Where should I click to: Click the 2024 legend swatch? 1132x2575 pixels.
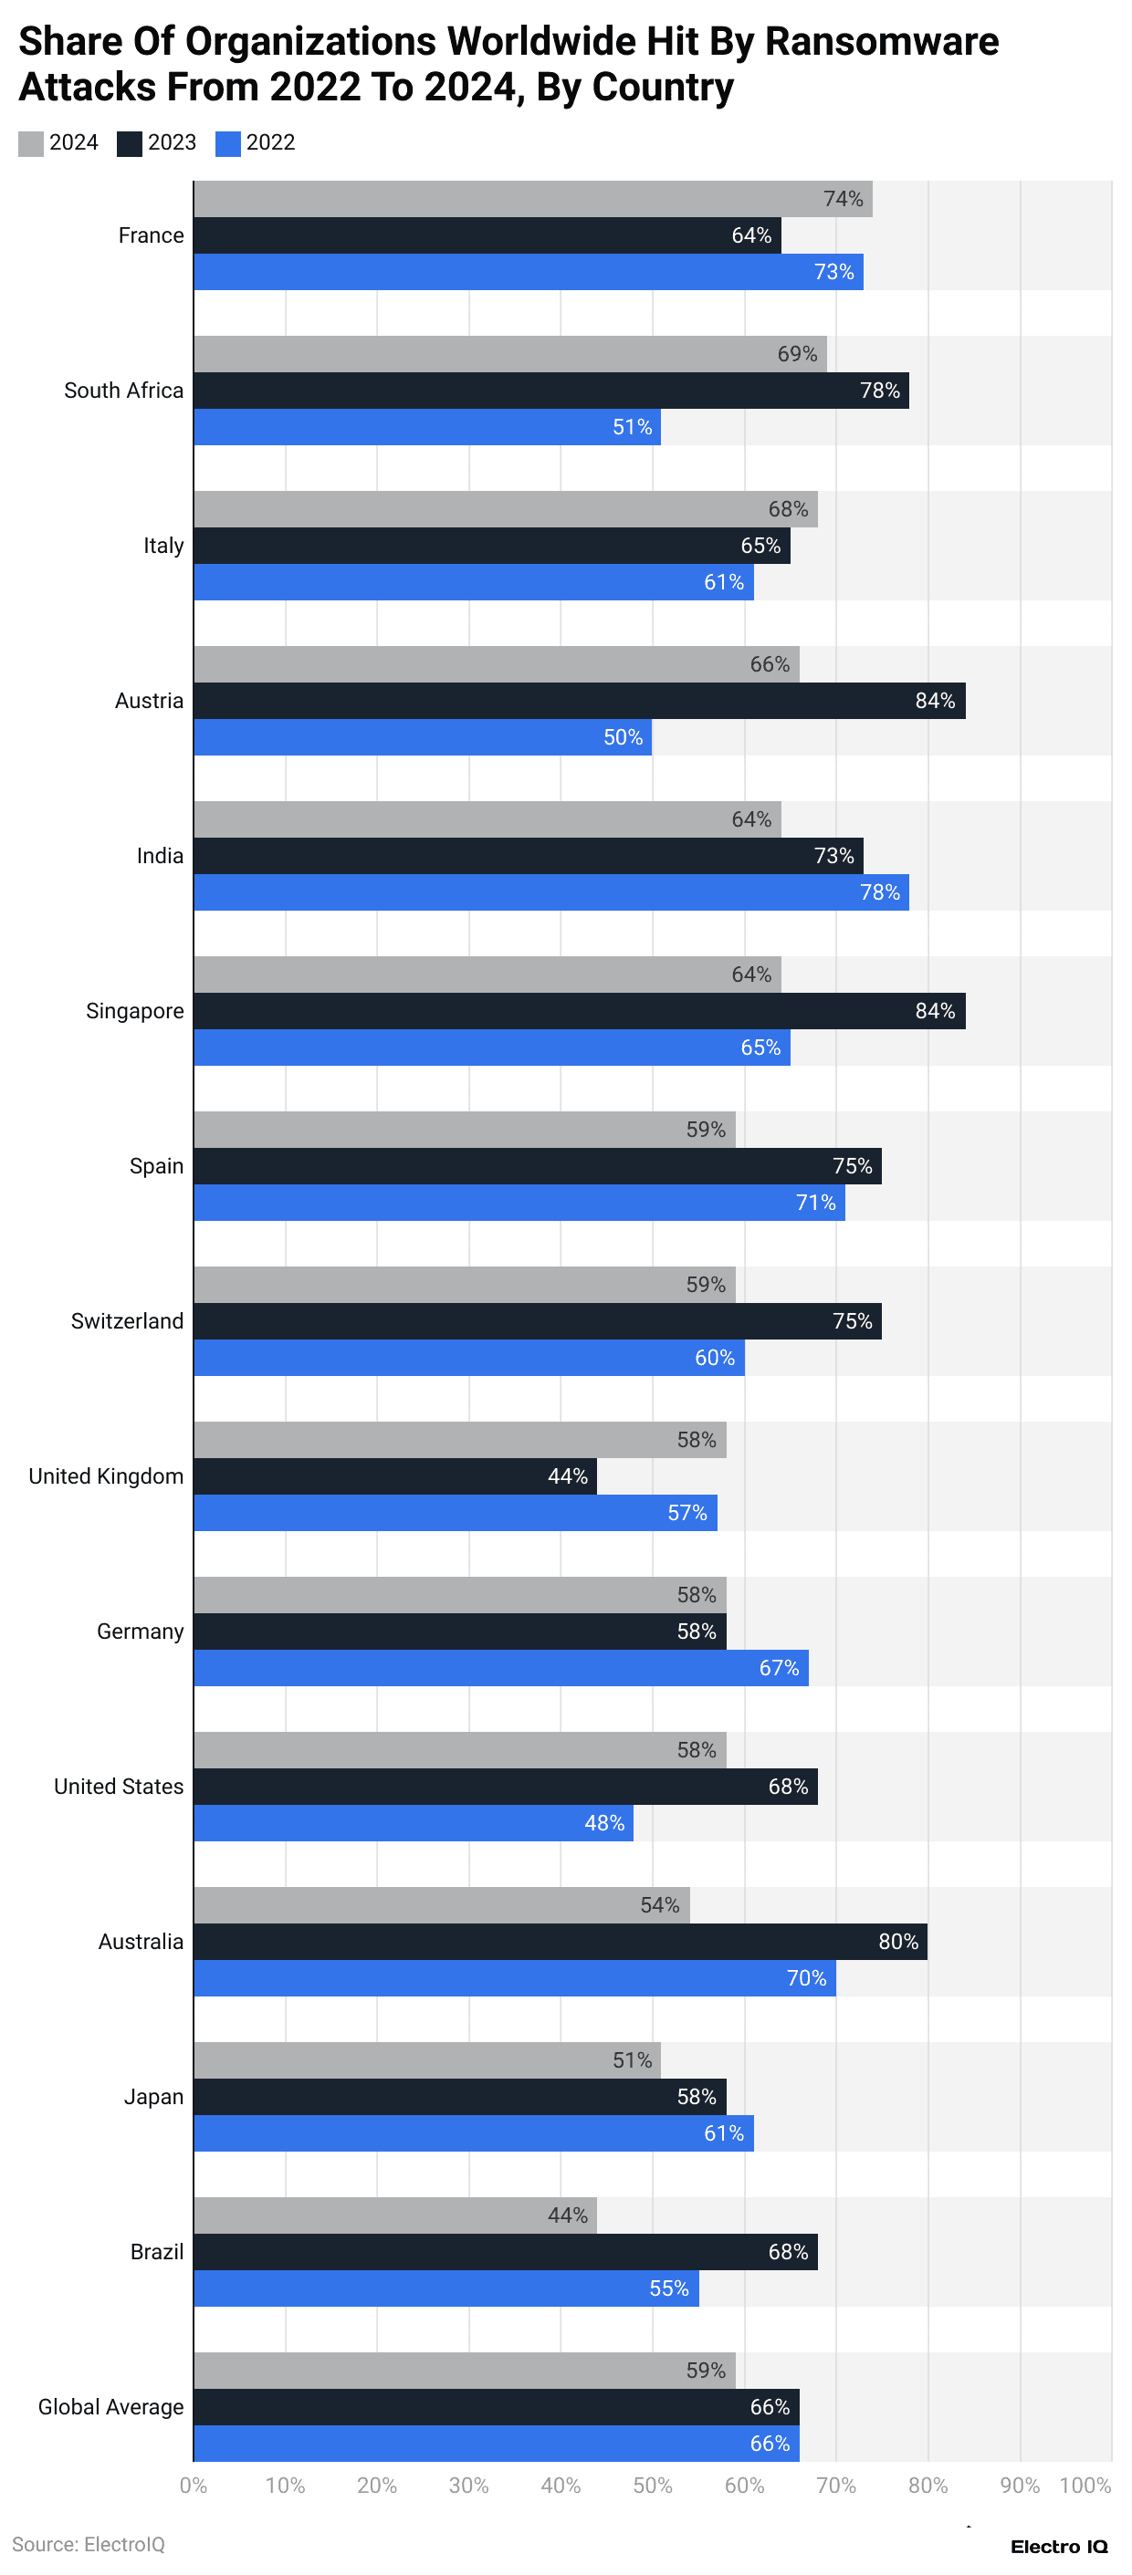click(x=31, y=143)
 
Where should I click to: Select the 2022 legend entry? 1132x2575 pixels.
click(x=255, y=143)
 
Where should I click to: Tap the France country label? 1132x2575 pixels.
click(x=151, y=236)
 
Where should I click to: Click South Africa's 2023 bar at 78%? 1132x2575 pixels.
click(x=550, y=391)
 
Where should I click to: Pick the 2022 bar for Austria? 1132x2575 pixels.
click(x=422, y=737)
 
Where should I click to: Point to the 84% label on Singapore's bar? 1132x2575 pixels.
click(x=934, y=1011)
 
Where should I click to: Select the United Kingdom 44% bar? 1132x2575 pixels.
click(x=395, y=1476)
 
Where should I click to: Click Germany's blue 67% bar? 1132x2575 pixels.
click(x=500, y=1667)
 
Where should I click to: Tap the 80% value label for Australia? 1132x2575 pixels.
click(x=897, y=1941)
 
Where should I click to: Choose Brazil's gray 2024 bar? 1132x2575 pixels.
click(x=395, y=2215)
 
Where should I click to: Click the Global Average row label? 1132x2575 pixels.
click(x=111, y=2407)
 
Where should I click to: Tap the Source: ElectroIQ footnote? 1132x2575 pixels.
click(x=88, y=2544)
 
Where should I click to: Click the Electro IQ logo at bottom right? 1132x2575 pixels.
click(x=1058, y=2546)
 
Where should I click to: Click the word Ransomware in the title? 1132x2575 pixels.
click(x=881, y=42)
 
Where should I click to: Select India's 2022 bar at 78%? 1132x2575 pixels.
click(x=550, y=892)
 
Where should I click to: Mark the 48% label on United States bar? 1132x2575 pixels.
click(x=604, y=1823)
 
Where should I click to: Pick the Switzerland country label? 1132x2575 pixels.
click(x=127, y=1321)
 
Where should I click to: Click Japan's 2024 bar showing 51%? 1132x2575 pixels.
click(x=427, y=2060)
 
